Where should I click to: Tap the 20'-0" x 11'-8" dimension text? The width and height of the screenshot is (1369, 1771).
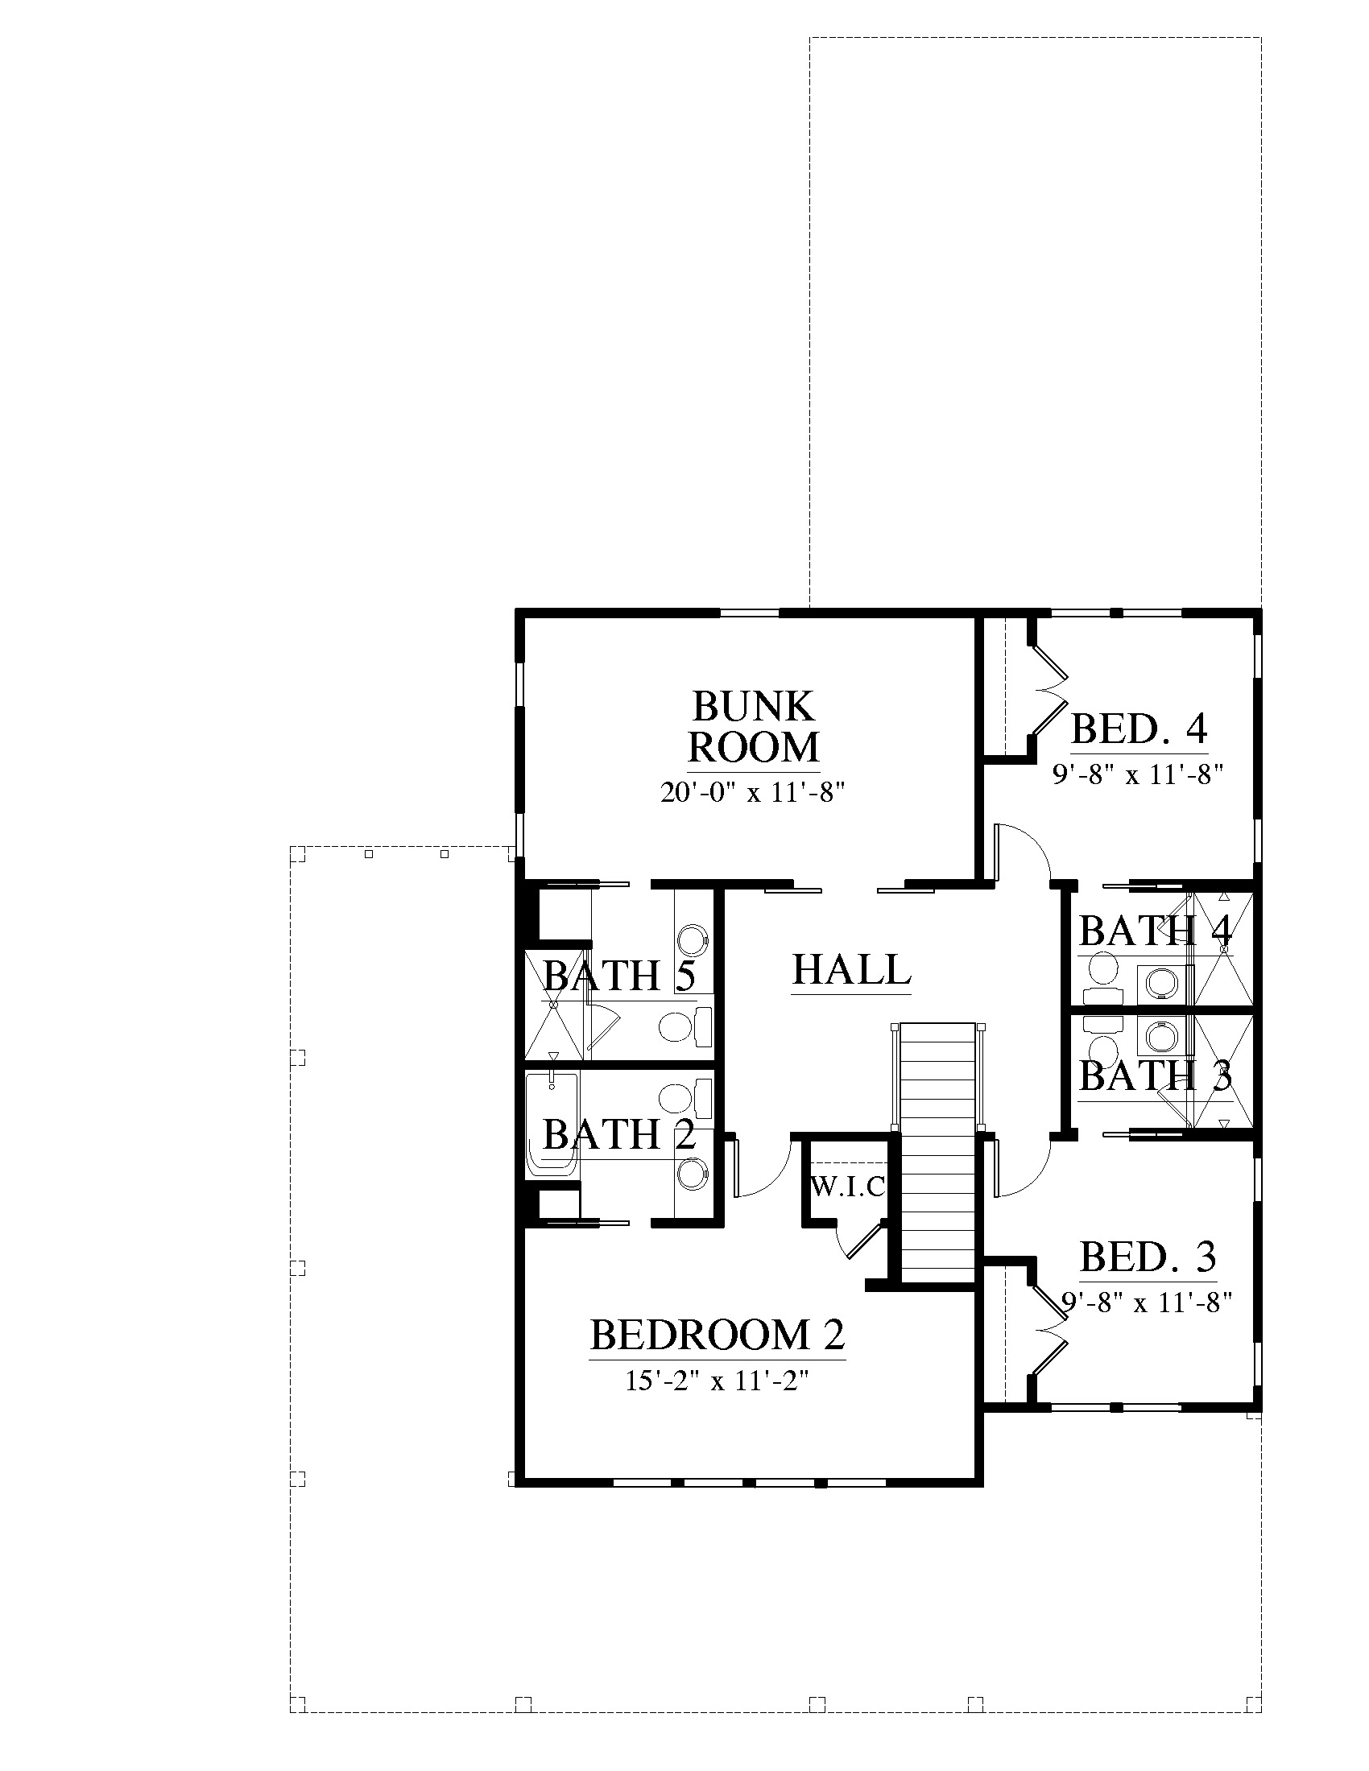pyautogui.click(x=754, y=792)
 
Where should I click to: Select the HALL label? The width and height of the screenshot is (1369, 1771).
pyautogui.click(x=851, y=969)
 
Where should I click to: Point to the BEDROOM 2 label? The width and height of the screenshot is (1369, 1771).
pyautogui.click(x=718, y=1334)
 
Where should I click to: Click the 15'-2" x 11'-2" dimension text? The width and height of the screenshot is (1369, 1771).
pyautogui.click(x=718, y=1381)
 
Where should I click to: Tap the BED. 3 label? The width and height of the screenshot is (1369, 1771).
pyautogui.click(x=1148, y=1256)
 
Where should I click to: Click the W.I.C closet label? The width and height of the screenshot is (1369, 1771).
pyautogui.click(x=847, y=1188)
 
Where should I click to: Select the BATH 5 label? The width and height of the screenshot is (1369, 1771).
pyautogui.click(x=619, y=975)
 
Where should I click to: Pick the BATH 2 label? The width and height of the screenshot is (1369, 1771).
pyautogui.click(x=619, y=1133)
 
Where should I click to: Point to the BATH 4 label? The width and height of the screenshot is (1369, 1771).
pyautogui.click(x=1156, y=931)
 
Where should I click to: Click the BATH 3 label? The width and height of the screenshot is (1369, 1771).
pyautogui.click(x=1156, y=1076)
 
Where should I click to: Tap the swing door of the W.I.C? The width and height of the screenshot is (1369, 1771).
pyautogui.click(x=865, y=1236)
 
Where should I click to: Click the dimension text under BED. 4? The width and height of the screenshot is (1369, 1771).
pyautogui.click(x=1137, y=774)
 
